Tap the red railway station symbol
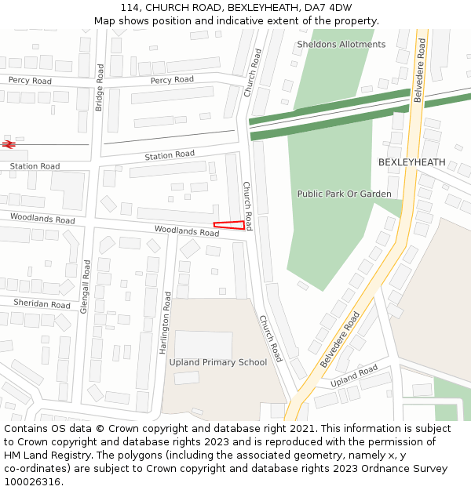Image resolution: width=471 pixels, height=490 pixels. [x=9, y=144]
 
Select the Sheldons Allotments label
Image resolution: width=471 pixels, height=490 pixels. [x=341, y=45]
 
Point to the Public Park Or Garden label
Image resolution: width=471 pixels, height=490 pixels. [x=344, y=194]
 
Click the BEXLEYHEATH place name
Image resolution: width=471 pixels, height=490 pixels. [x=411, y=162]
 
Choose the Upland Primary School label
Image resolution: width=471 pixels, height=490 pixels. [x=219, y=362]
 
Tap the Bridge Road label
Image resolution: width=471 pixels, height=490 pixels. [x=100, y=87]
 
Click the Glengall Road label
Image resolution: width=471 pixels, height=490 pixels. [x=85, y=287]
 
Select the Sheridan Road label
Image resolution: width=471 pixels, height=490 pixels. [x=42, y=304]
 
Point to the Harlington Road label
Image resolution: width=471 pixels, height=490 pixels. [x=166, y=322]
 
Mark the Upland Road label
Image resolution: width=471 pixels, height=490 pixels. [x=354, y=376]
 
